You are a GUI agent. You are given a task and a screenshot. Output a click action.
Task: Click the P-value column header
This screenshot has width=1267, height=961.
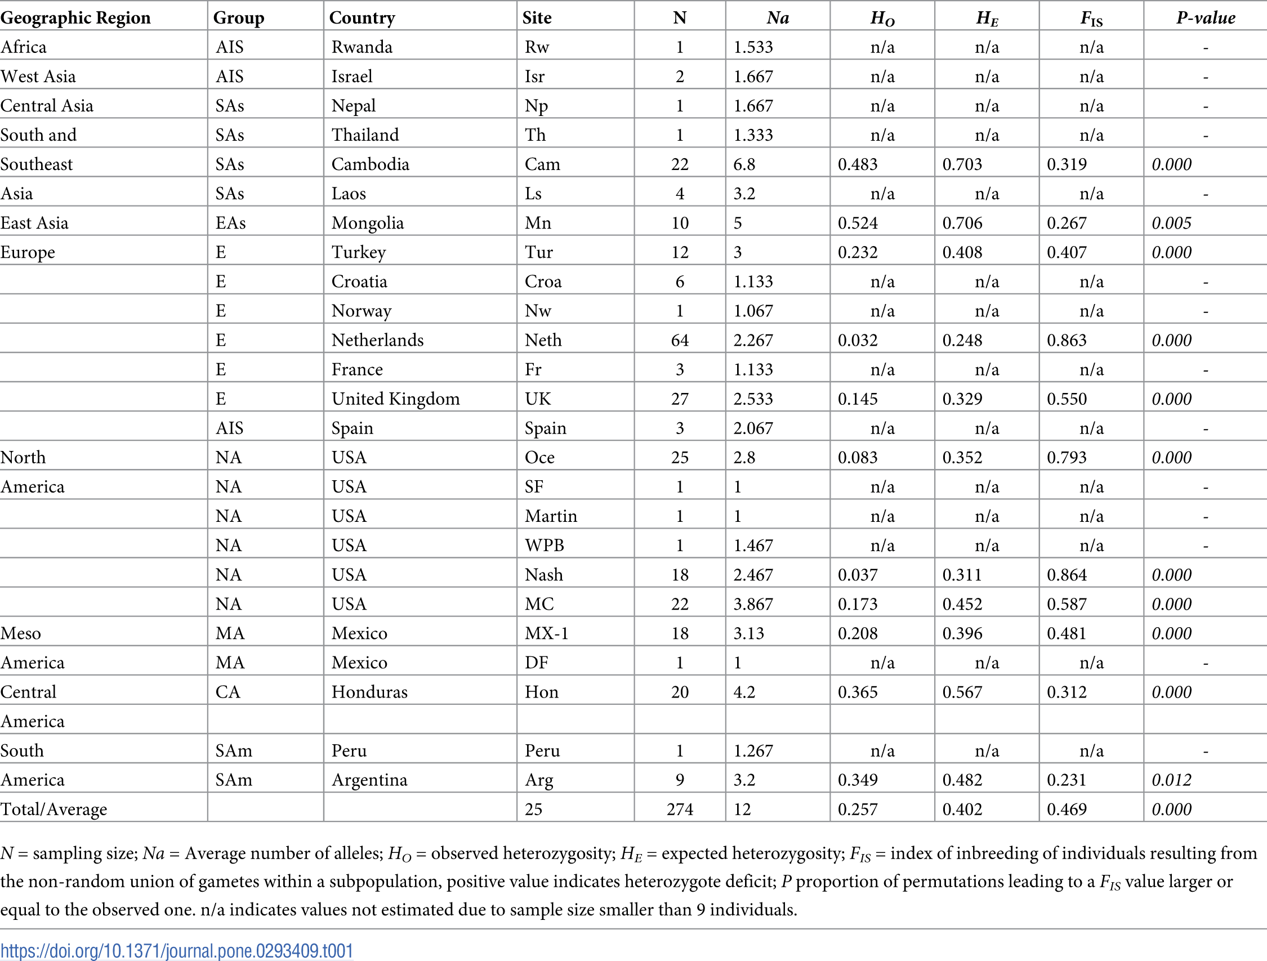(1205, 18)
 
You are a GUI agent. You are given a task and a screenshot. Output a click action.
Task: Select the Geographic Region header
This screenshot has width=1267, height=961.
(75, 18)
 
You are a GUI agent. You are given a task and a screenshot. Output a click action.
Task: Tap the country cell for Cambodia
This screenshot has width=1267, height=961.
(370, 164)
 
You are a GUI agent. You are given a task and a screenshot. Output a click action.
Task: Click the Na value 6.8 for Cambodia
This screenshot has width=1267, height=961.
(744, 164)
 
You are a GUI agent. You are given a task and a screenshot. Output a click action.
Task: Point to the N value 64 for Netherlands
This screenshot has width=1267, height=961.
(679, 340)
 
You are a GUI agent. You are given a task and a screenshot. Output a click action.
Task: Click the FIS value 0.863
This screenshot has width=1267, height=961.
(1067, 340)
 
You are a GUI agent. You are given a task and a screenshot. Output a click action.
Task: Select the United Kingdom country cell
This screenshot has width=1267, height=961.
(395, 399)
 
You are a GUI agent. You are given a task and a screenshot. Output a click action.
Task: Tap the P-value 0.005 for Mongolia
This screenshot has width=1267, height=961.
(1171, 223)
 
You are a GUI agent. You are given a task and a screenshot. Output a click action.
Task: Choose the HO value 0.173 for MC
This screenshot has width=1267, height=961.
(858, 604)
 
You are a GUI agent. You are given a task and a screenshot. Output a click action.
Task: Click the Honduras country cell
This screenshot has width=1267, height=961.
(369, 692)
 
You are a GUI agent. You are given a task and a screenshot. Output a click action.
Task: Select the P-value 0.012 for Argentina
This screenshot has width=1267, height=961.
(1171, 780)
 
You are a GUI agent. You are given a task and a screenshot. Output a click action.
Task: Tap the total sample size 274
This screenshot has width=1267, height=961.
(679, 809)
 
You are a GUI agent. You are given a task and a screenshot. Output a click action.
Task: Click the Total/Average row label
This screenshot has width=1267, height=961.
(54, 809)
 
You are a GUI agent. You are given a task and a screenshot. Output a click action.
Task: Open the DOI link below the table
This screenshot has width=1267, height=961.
(176, 951)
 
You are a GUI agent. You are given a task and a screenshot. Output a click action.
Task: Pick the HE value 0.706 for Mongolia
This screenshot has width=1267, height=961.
(962, 223)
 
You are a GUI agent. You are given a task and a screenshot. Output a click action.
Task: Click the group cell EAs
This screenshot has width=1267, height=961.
(230, 223)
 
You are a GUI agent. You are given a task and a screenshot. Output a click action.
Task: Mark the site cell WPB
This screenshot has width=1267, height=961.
(544, 545)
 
